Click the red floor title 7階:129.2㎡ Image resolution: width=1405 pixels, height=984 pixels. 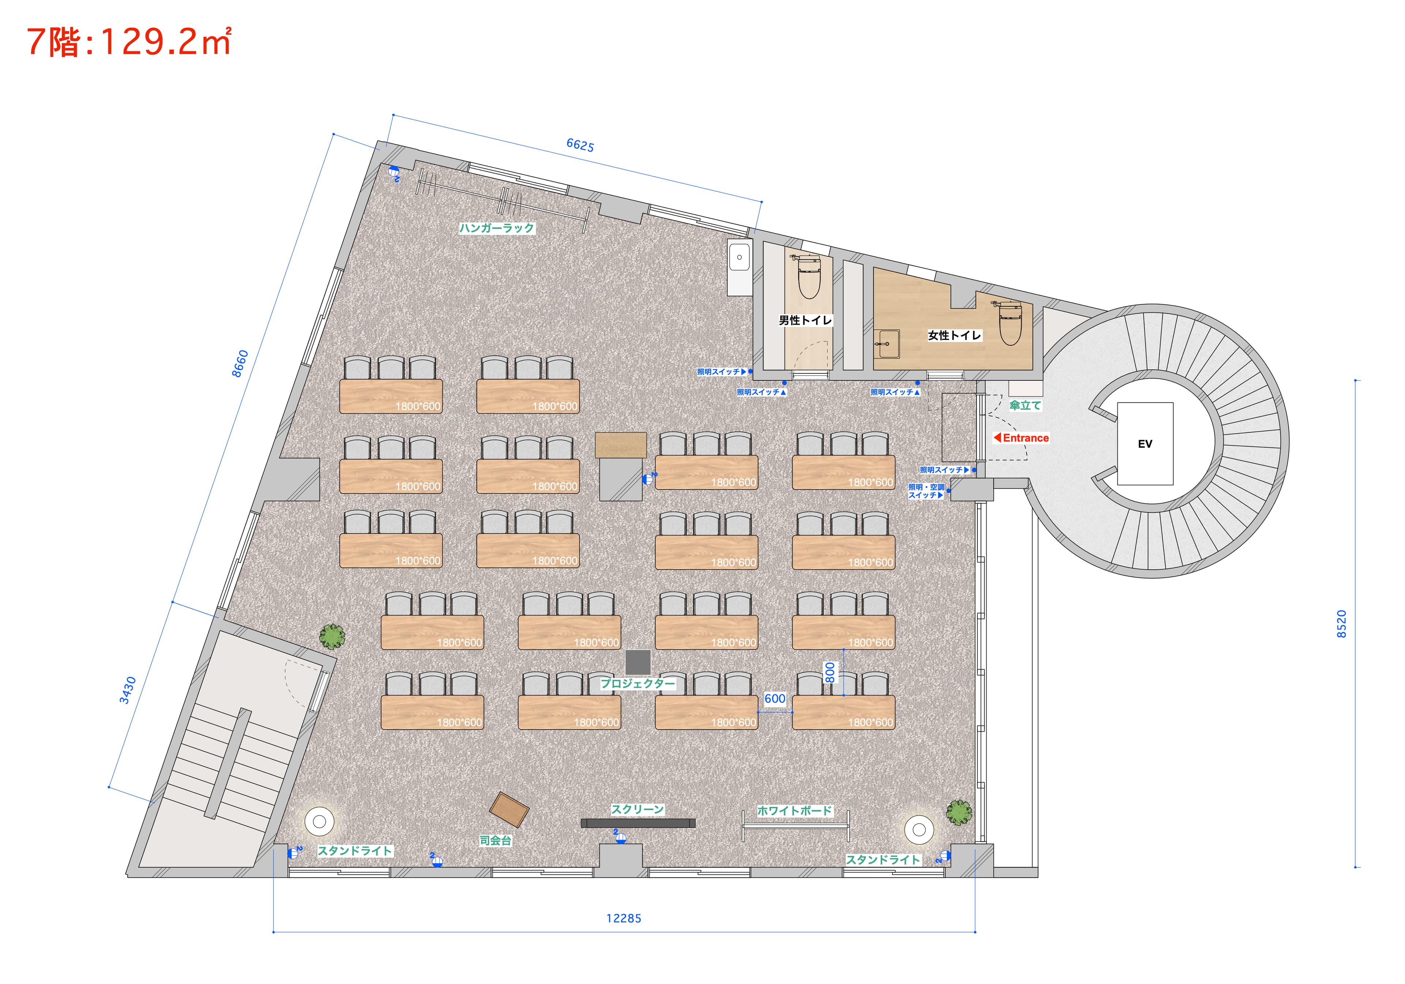128,42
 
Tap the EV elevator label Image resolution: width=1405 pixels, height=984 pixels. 1145,444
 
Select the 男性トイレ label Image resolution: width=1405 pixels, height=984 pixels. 805,320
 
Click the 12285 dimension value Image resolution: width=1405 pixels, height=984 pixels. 623,918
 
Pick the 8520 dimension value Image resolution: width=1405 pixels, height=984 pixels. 1341,624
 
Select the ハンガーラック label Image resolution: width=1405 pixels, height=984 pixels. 497,228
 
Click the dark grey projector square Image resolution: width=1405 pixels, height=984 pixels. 638,663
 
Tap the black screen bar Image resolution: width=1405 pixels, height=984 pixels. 638,823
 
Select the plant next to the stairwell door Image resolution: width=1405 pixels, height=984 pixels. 331,637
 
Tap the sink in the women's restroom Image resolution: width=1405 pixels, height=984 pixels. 886,343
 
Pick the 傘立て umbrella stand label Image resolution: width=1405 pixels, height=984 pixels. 1025,405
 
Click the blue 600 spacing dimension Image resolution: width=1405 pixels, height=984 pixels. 775,699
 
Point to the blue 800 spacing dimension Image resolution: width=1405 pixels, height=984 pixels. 830,672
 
